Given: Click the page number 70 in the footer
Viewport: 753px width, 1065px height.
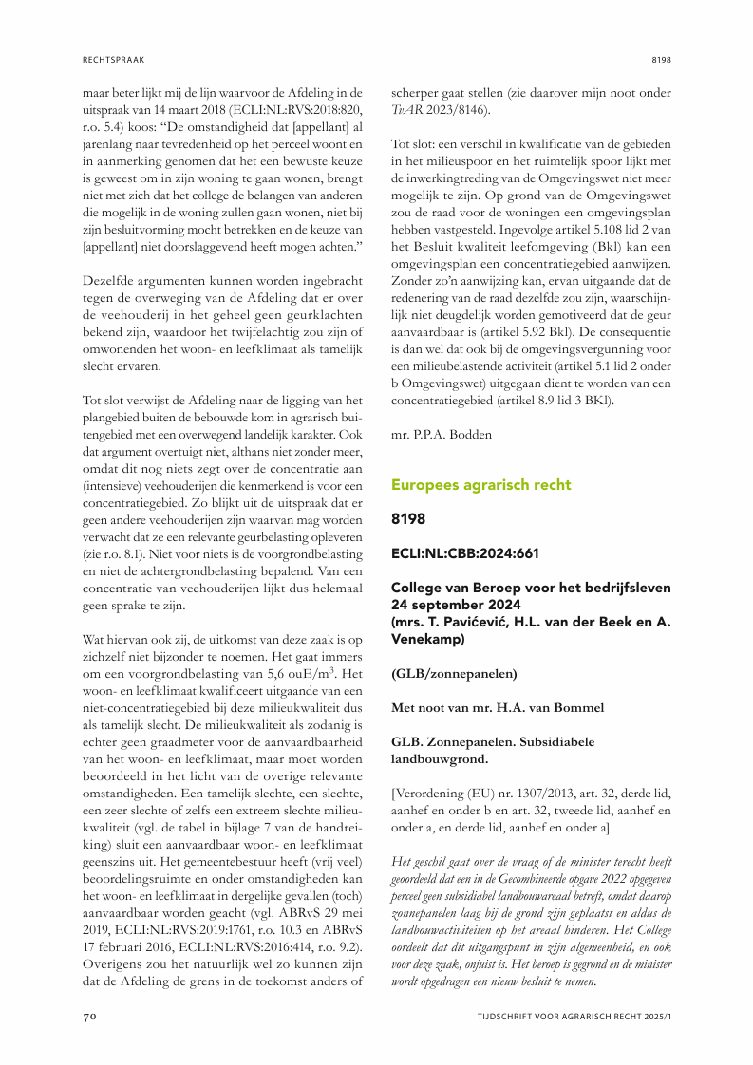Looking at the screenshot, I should tap(89, 1017).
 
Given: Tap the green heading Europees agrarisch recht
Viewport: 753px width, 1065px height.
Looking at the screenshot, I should tap(481, 484).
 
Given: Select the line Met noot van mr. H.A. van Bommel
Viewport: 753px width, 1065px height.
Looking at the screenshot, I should tap(496, 707).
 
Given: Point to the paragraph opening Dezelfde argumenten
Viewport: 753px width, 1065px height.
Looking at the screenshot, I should tap(143, 292).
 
